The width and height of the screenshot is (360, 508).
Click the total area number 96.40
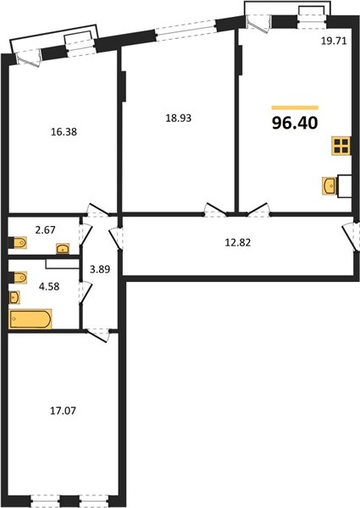pos(295,123)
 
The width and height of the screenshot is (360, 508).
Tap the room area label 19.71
pos(334,41)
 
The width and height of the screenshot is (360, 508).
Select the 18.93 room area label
pos(179,119)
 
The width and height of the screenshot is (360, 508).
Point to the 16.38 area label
pos(64,132)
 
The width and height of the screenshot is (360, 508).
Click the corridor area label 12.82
pos(238,242)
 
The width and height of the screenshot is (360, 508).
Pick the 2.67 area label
pos(46,230)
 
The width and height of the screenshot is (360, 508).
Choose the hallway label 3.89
pos(100,269)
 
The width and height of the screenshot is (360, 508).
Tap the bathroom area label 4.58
pos(49,286)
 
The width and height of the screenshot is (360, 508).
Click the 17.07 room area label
pos(63,411)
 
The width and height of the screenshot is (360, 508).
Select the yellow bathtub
pos(30,319)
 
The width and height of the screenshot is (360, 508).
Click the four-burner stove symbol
pos(341,146)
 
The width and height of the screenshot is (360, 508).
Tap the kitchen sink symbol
pos(330,185)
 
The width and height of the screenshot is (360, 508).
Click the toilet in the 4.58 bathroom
pos(18,278)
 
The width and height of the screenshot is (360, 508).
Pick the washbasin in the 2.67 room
pos(62,249)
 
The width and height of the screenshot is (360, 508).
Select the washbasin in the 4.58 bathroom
pos(14,298)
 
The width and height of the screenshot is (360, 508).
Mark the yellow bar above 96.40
pos(295,108)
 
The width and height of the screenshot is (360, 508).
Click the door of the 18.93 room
pos(215,210)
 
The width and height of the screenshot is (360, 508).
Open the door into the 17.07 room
pos(98,334)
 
